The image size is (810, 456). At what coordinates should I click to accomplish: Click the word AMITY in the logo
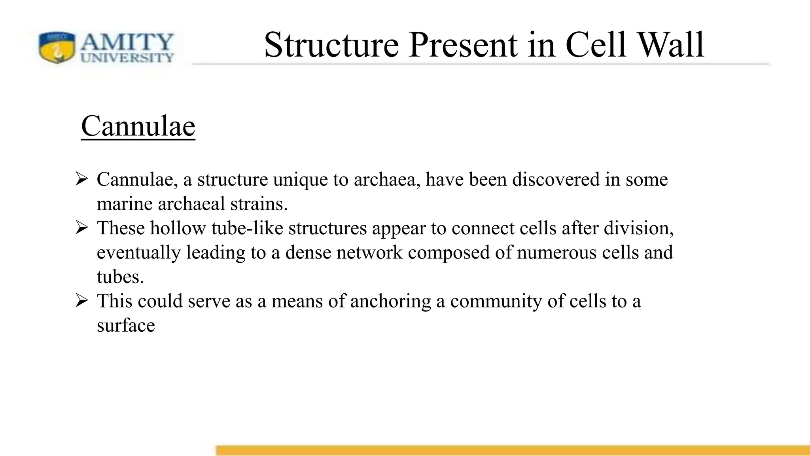pyautogui.click(x=127, y=42)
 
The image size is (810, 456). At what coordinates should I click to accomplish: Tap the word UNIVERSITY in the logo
pyautogui.click(x=127, y=58)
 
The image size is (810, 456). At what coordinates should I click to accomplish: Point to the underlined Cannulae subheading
pyautogui.click(x=138, y=126)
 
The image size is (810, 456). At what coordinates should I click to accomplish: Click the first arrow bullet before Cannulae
pyautogui.click(x=81, y=179)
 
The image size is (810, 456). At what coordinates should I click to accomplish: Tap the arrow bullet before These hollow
pyautogui.click(x=81, y=228)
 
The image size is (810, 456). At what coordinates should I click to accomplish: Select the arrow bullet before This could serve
pyautogui.click(x=81, y=301)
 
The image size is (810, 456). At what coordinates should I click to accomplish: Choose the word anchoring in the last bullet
pyautogui.click(x=390, y=302)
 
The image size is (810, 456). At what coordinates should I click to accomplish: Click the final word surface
pyautogui.click(x=126, y=326)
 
